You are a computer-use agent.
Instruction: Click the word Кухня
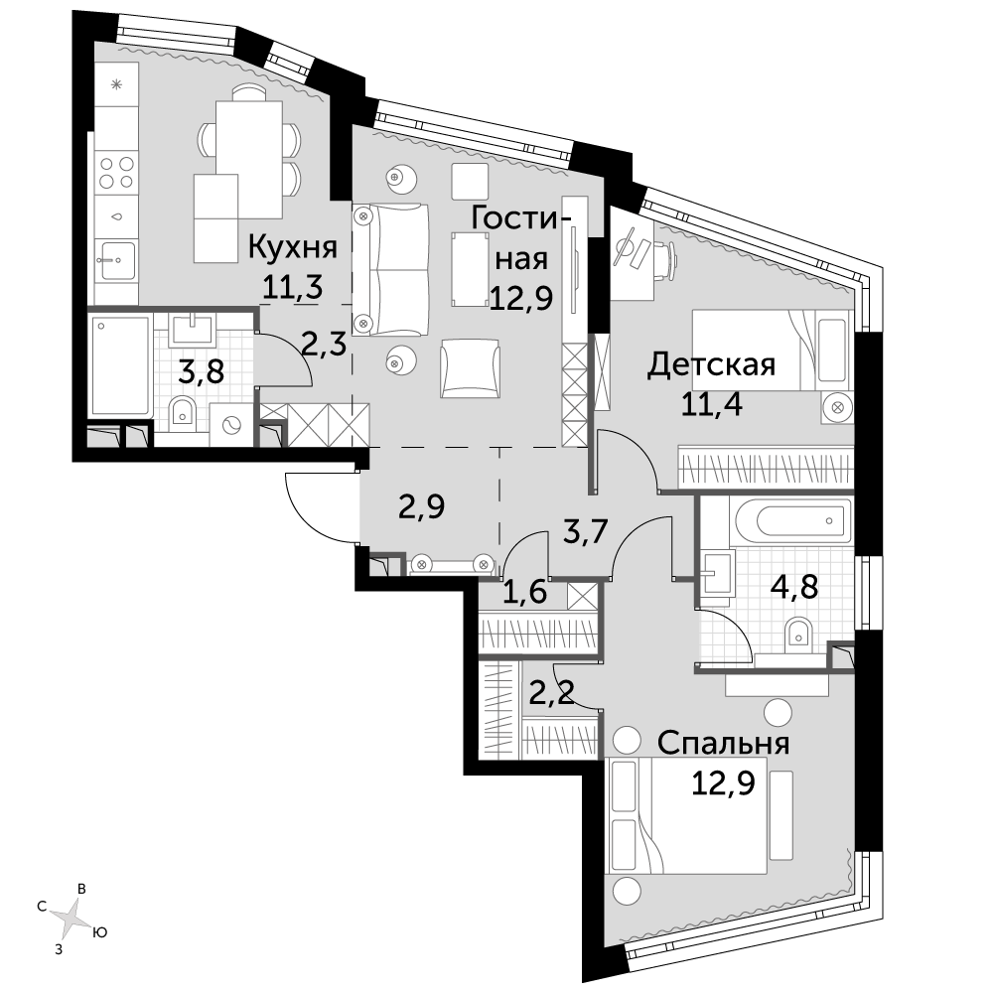pos(292,247)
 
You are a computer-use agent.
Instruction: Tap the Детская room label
pos(711,366)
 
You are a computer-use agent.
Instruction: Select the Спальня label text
pos(723,744)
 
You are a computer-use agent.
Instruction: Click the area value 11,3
pos(293,288)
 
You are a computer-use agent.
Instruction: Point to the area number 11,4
pos(711,403)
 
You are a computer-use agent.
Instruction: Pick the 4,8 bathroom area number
pos(794,588)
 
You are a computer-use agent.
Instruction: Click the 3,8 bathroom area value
pos(201,371)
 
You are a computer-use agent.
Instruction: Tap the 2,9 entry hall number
pos(421,506)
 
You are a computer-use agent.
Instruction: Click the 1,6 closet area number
pos(524,593)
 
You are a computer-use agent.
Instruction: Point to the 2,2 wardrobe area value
pos(551,694)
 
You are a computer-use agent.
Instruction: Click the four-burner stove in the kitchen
pos(116,172)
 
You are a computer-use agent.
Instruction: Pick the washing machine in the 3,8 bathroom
pos(230,424)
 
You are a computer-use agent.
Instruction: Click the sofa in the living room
pos(390,269)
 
